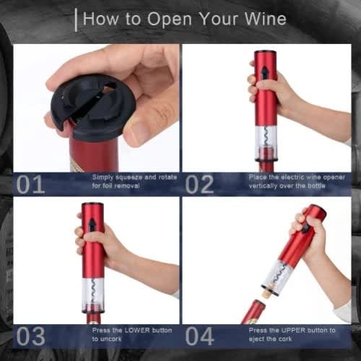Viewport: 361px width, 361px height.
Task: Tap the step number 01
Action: click(x=30, y=184)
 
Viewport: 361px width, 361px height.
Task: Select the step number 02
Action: click(x=199, y=184)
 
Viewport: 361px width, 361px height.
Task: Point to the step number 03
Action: click(x=30, y=336)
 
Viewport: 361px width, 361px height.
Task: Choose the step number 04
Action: click(x=199, y=336)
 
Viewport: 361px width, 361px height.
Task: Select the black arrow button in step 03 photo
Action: click(x=92, y=225)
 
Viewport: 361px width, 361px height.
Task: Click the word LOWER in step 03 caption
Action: click(x=135, y=330)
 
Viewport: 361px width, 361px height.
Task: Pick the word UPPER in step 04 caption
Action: click(x=292, y=330)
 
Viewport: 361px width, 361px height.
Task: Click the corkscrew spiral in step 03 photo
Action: click(x=92, y=292)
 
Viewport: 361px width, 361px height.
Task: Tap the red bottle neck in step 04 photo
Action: click(x=253, y=312)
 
